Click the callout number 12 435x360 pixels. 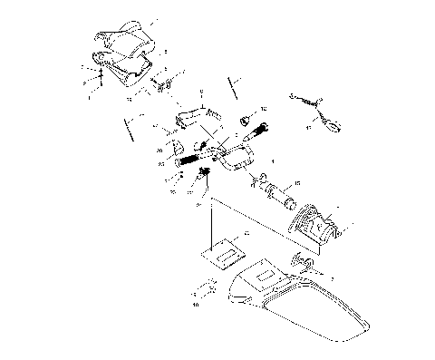[x=264, y=110]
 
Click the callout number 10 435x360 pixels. [x=196, y=305]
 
